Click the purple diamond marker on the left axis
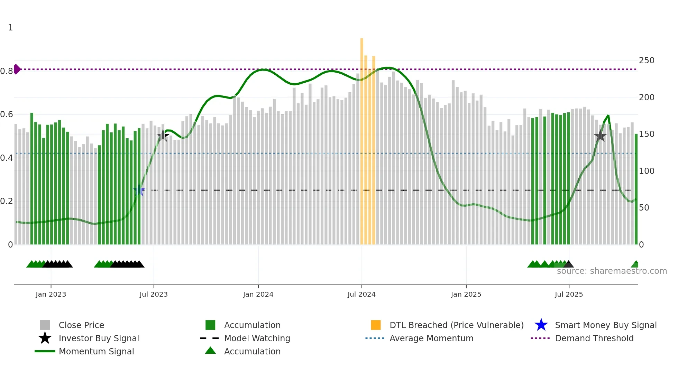coord(17,69)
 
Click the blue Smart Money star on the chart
coord(139,190)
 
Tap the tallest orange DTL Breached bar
coord(362,138)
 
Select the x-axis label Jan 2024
coord(258,294)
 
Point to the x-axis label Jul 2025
coord(569,294)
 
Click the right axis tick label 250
coord(647,61)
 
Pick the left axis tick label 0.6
coord(7,114)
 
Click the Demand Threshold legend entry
coord(594,338)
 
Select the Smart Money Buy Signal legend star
coord(541,325)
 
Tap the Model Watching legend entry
coord(257,338)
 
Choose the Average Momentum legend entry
coord(431,338)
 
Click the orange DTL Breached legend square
coord(376,325)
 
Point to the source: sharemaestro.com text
coord(612,271)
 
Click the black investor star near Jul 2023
coord(163,136)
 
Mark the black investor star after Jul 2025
coord(600,136)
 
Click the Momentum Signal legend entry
coord(96,351)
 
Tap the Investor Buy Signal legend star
coord(45,338)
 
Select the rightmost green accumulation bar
coord(636,190)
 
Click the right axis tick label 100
coord(647,171)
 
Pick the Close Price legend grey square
coord(45,325)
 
